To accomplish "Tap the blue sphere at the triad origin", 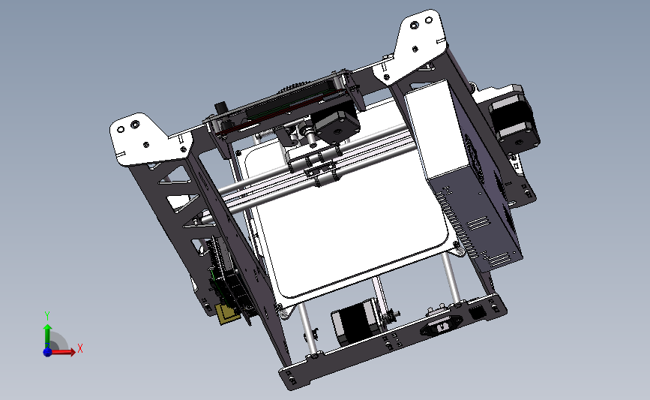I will pos(47,351).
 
